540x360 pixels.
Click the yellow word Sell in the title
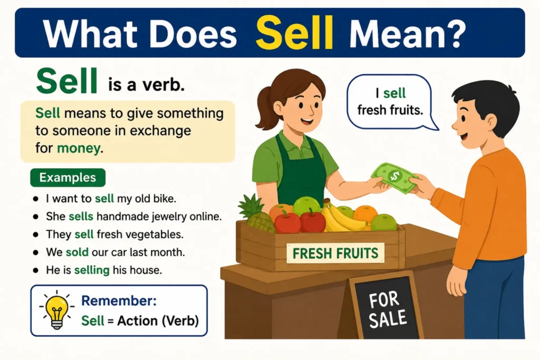(294, 33)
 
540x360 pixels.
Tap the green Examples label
(68, 178)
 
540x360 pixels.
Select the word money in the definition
(79, 148)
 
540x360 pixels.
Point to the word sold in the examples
(77, 252)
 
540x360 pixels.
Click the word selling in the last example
(92, 270)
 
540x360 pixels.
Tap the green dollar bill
(394, 178)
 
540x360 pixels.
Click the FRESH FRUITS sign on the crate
(335, 254)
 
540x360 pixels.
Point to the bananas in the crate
(339, 217)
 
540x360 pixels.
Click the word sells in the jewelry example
(81, 217)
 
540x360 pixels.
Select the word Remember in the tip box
(119, 300)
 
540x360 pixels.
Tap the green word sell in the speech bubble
(394, 93)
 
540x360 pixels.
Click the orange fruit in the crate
(365, 213)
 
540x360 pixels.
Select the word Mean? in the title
(408, 34)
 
